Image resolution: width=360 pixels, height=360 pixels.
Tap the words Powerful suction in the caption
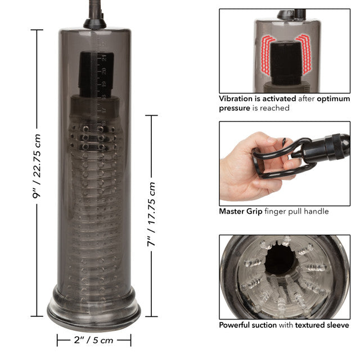pyautogui.click(x=248, y=325)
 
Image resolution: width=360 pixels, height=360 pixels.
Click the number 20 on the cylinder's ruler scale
pyautogui.click(x=105, y=71)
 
